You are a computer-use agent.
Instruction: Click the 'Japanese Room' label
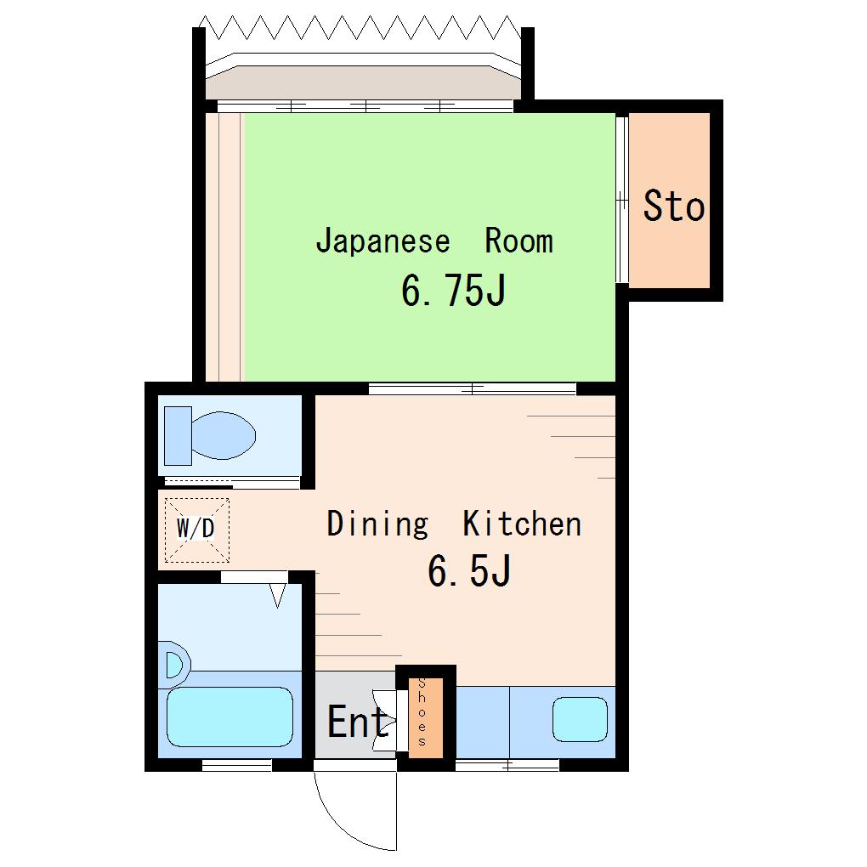click(434, 241)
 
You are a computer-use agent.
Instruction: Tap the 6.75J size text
click(453, 291)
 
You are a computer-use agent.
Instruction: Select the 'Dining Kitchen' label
click(454, 524)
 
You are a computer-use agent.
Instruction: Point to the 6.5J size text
click(469, 570)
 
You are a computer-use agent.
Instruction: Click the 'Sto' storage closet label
click(673, 206)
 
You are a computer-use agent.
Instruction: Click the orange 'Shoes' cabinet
click(426, 717)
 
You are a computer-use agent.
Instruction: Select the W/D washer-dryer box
click(197, 530)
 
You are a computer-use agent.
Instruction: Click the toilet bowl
click(224, 435)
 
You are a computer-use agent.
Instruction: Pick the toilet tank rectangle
click(178, 436)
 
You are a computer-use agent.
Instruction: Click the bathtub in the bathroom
click(229, 717)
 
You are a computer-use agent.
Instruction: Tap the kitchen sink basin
click(580, 719)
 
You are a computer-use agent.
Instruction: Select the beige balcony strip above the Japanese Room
click(363, 83)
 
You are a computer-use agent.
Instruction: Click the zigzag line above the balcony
click(360, 28)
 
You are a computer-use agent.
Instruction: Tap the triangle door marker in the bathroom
click(278, 596)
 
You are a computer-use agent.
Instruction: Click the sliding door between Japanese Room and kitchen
click(473, 389)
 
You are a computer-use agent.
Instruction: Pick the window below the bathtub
click(236, 765)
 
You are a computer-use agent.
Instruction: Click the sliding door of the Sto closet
click(622, 199)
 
